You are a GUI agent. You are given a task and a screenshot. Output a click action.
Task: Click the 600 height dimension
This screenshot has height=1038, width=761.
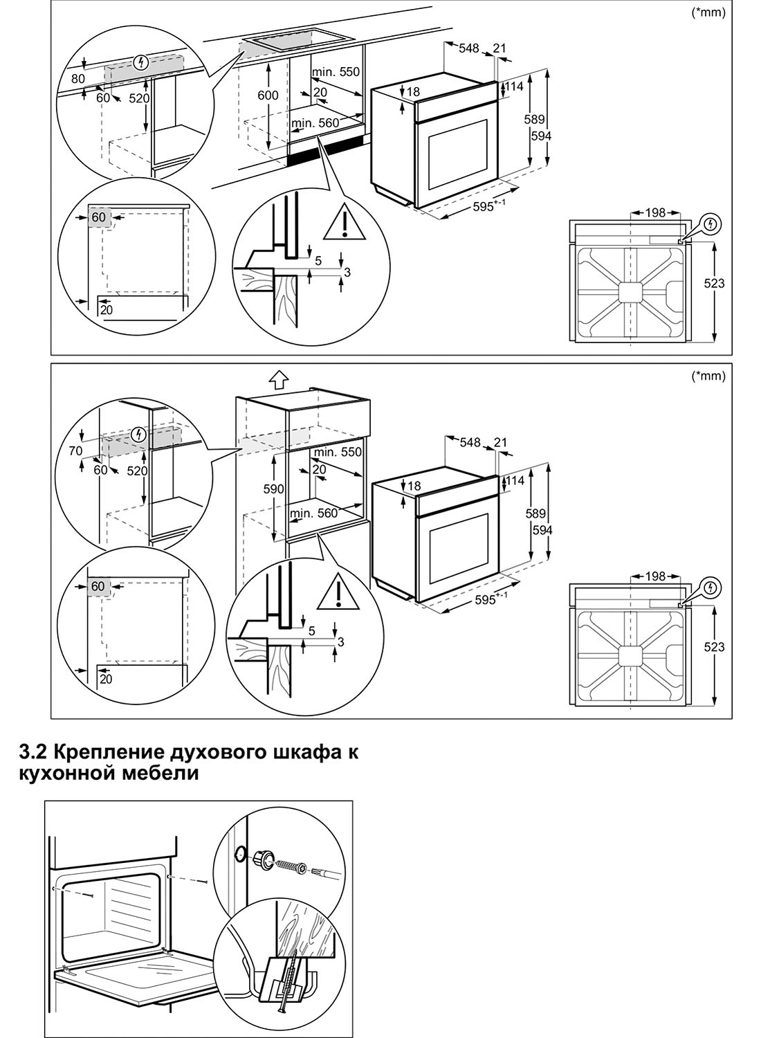268,95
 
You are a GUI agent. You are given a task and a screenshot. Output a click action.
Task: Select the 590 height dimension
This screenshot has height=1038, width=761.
274,489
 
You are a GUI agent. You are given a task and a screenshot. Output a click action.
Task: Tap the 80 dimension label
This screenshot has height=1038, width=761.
77,79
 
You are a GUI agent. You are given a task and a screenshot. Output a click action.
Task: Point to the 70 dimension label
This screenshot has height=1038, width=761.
75,450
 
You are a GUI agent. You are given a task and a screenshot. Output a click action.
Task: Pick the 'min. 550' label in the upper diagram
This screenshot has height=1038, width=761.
336,72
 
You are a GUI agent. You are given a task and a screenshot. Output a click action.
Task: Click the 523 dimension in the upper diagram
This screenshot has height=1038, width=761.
714,283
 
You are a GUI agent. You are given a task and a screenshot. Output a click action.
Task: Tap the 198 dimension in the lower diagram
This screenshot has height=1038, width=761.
654,576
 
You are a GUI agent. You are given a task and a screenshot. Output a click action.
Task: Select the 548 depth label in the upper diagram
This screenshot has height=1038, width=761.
469,48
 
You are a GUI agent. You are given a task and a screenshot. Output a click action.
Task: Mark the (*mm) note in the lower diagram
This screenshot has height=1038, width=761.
708,376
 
